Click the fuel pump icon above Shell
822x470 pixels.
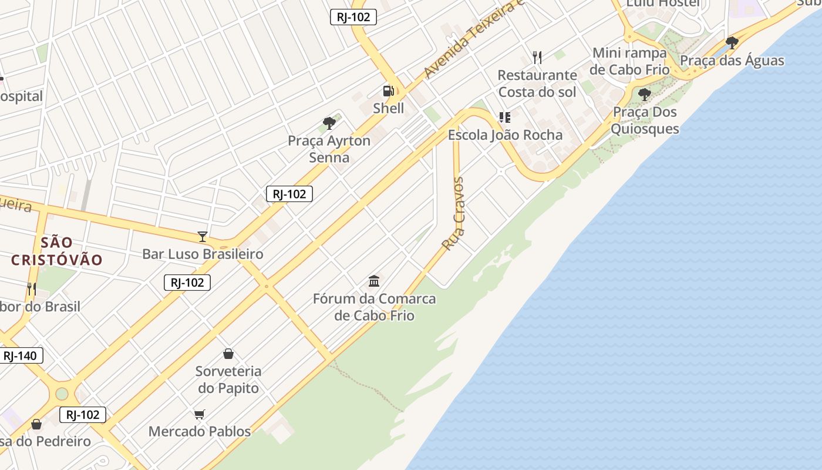click(388, 91)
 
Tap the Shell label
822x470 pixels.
click(388, 108)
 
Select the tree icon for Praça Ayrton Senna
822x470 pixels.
click(329, 123)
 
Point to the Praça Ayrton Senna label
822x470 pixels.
click(329, 149)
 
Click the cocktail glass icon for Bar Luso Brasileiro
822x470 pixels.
click(203, 237)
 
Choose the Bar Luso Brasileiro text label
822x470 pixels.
click(203, 254)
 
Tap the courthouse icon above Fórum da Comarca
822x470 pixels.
click(374, 281)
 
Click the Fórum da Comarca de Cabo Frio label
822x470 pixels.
click(375, 307)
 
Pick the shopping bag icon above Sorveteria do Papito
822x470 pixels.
click(228, 354)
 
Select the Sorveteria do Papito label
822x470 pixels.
click(228, 380)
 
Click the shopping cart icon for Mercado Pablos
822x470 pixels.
click(200, 415)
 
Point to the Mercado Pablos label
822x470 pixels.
click(200, 431)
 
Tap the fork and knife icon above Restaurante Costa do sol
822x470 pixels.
click(537, 57)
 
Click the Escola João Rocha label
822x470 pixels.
click(505, 135)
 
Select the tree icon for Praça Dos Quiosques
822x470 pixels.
click(645, 95)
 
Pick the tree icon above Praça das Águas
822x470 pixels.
click(732, 43)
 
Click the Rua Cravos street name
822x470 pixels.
click(454, 214)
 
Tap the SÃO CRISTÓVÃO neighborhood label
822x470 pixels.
click(57, 251)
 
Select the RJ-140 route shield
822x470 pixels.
click(20, 355)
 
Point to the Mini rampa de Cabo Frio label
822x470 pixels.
click(629, 61)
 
